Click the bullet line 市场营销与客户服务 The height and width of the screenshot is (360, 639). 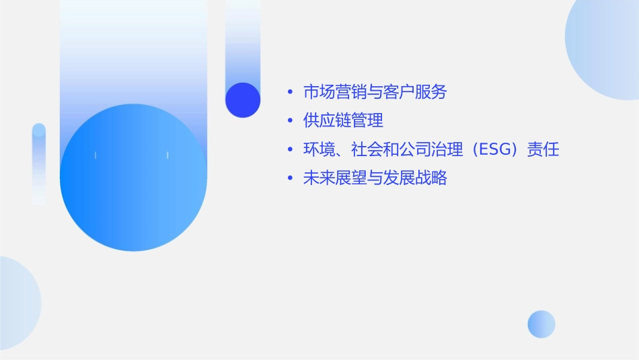click(375, 92)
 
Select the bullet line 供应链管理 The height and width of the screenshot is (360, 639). click(343, 121)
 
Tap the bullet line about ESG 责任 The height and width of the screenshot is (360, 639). click(431, 150)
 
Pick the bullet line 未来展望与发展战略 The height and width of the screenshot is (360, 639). click(375, 179)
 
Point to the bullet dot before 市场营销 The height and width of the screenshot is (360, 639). click(290, 92)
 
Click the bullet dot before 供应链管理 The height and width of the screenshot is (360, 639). click(290, 121)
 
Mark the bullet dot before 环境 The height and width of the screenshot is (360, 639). click(290, 150)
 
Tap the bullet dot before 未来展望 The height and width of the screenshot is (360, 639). click(290, 179)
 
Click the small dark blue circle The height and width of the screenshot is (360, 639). click(243, 100)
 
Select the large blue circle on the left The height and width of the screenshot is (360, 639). click(133, 178)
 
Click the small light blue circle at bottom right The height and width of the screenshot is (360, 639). click(541, 324)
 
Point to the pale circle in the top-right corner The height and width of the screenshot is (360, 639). click(605, 47)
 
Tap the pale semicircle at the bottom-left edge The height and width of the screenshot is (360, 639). click(17, 303)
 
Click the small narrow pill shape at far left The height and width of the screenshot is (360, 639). click(39, 164)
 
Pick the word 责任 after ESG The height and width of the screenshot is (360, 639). click(543, 150)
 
